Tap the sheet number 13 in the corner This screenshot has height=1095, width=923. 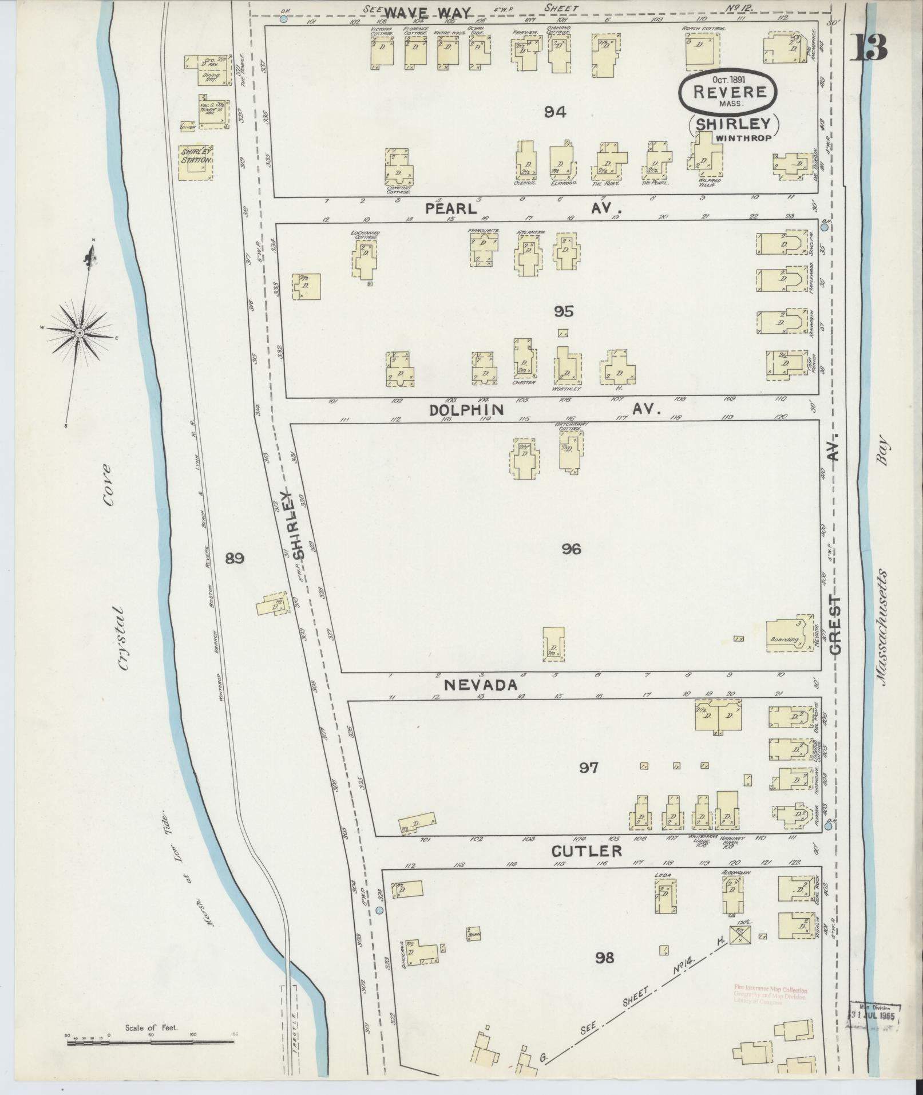point(868,48)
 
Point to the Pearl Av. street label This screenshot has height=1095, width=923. point(450,209)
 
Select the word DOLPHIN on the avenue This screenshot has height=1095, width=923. point(467,410)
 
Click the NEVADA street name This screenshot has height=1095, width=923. point(482,685)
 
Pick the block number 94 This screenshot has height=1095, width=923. point(555,112)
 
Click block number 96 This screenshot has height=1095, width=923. point(571,550)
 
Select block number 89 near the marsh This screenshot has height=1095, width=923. point(235,558)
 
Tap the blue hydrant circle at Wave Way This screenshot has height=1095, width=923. point(284,19)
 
